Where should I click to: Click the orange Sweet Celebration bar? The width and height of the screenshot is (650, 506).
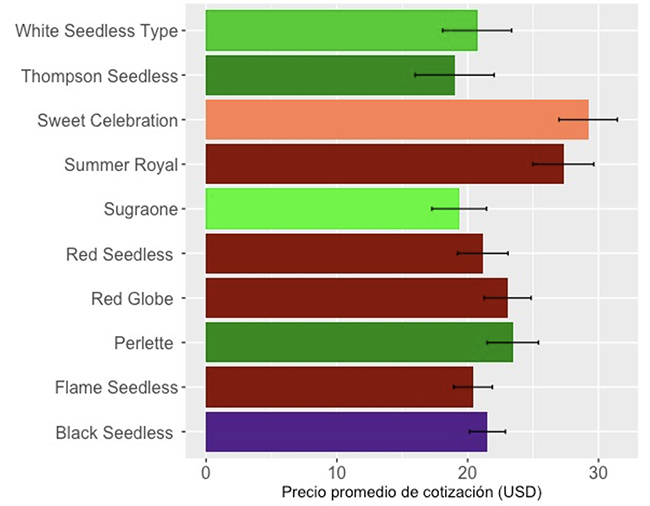397,120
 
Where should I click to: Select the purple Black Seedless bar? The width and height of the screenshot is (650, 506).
347,432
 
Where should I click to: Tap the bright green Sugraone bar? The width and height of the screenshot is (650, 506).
332,209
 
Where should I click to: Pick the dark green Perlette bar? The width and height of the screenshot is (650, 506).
359,342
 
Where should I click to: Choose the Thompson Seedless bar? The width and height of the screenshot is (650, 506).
330,75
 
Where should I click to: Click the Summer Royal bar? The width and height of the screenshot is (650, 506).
385,164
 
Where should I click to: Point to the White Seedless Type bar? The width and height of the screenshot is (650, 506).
342,31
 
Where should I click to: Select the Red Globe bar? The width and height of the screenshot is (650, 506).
357,298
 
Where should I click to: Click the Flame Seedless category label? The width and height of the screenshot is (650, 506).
116,387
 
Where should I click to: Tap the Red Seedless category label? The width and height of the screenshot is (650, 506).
119,254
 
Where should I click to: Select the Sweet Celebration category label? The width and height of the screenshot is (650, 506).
108,121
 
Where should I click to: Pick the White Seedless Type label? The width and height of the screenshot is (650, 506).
97,31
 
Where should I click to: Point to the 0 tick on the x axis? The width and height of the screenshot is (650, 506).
206,473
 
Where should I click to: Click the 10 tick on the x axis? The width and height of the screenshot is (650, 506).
337,473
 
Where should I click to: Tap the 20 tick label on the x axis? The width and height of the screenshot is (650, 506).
467,473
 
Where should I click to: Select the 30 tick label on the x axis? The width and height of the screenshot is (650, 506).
598,473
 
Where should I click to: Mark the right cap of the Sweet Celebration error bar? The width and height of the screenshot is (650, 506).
618,119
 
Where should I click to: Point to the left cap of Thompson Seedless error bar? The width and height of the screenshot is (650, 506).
415,75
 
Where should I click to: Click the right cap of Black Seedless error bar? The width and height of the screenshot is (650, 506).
505,432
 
